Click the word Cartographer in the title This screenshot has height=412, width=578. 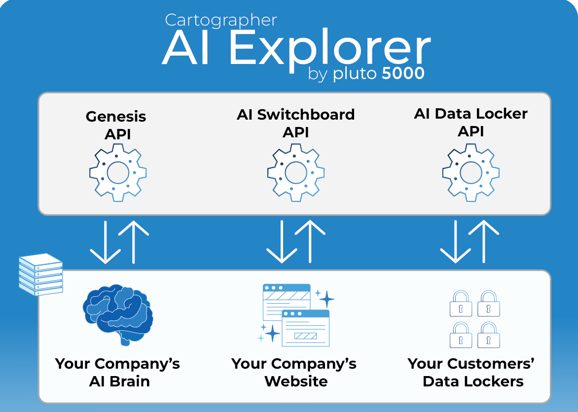point(220,20)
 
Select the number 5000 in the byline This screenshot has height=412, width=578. point(403,73)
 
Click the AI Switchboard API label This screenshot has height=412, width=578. point(295,123)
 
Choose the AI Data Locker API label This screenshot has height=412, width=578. point(470,122)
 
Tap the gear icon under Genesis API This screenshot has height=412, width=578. point(118,172)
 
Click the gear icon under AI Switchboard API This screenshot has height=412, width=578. point(296,172)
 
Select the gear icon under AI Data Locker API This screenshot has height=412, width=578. point(470,172)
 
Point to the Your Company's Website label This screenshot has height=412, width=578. point(294,372)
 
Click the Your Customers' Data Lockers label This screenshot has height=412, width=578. point(471,372)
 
